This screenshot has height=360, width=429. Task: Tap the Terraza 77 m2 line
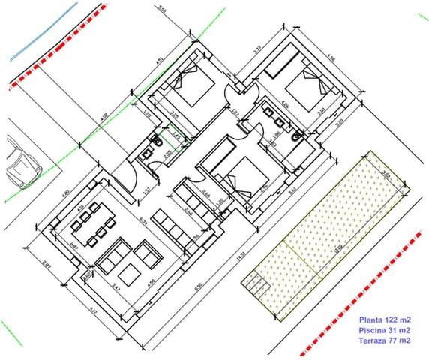tap(385, 340)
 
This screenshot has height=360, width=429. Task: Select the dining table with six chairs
tap(96, 223)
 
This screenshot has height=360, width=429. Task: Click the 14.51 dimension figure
tap(241, 255)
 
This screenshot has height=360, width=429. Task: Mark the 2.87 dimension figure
tap(46, 264)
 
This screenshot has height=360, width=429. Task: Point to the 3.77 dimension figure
tap(257, 51)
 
